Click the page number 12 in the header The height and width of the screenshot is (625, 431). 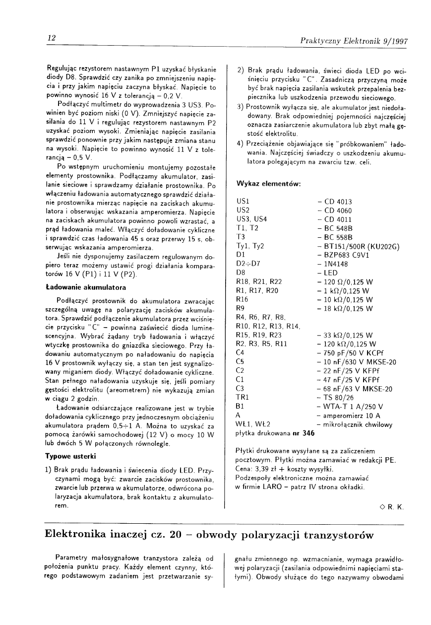(50, 38)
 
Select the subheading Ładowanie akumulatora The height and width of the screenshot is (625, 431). (85, 287)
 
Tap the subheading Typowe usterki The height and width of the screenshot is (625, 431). (70, 456)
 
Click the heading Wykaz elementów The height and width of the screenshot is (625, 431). (268, 184)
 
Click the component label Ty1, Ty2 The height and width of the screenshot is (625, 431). (250, 246)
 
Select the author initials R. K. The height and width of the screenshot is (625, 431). (395, 507)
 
